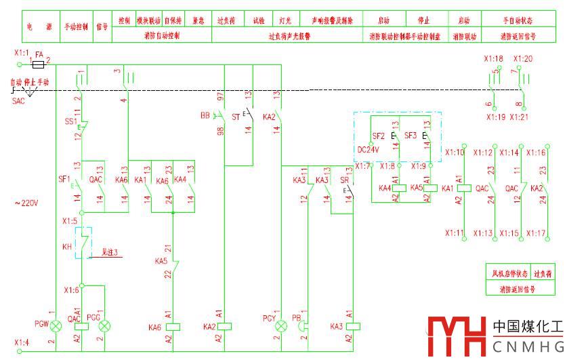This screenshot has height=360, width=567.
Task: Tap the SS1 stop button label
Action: coord(70,121)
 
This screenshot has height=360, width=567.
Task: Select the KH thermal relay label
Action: coord(67,246)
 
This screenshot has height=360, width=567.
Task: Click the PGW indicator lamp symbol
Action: coord(56,326)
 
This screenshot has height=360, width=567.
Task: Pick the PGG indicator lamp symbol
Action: coord(104,326)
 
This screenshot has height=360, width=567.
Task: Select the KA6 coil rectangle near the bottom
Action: coord(175,326)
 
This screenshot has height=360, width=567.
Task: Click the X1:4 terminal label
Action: coord(22,342)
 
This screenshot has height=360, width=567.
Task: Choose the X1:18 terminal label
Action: coord(493,59)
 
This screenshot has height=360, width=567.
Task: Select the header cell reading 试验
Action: coord(259,21)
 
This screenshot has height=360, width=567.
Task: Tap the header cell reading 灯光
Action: coord(286,21)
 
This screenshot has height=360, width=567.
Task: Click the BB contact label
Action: coord(205,116)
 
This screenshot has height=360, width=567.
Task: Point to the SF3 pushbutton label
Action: coord(411,136)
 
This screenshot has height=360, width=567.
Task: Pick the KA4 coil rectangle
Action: coord(400,188)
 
